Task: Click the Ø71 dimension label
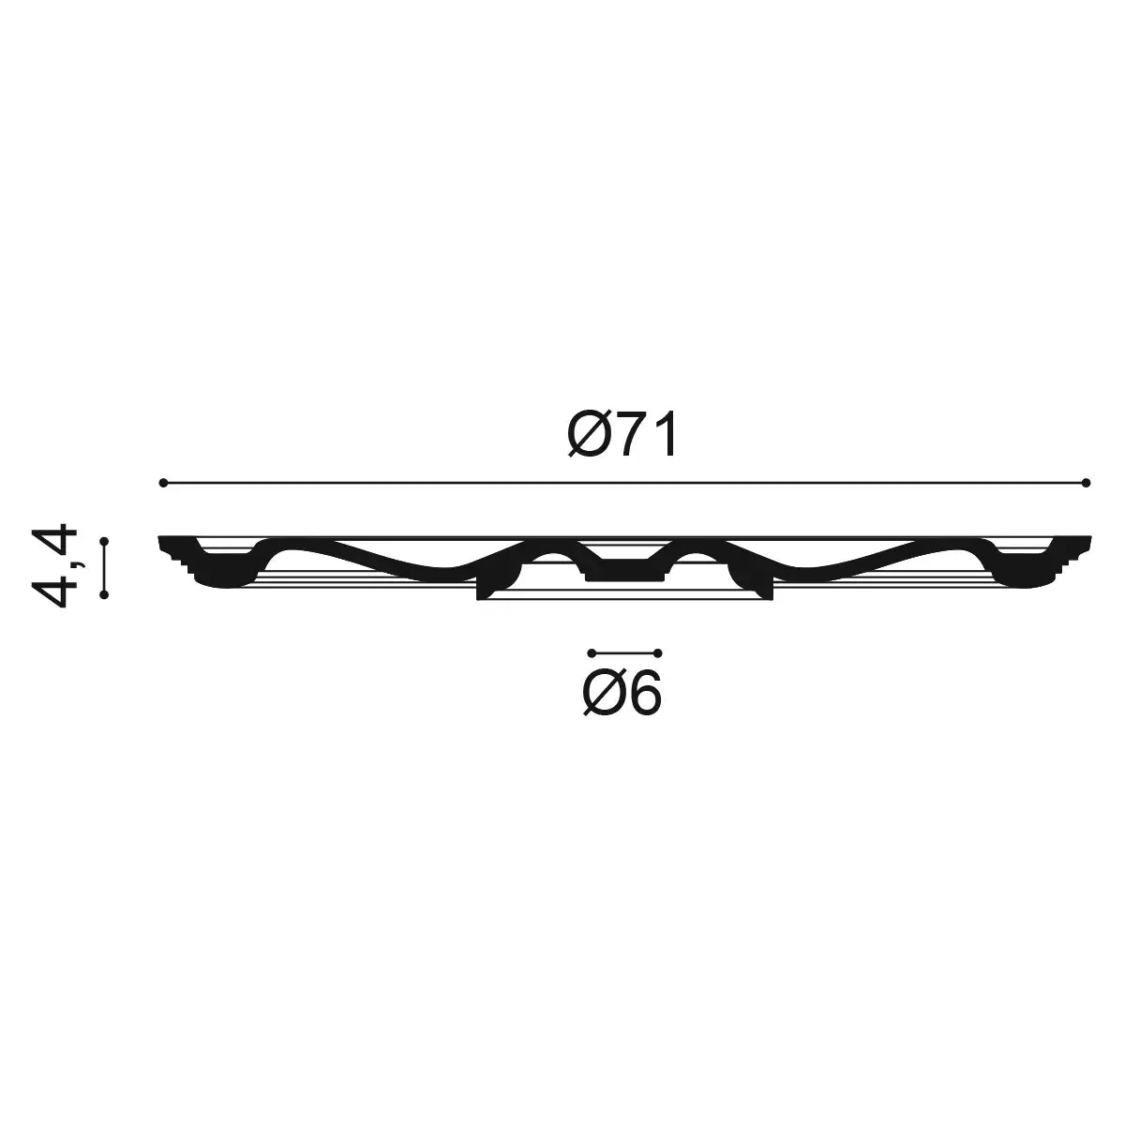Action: [622, 435]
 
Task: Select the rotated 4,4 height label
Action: [55, 566]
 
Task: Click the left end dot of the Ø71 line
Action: [163, 483]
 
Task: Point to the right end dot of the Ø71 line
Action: [1086, 483]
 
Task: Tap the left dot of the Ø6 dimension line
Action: [592, 652]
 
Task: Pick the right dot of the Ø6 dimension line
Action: [658, 652]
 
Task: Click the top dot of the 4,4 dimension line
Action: [104, 541]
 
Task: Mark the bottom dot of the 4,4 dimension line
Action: [104, 594]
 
